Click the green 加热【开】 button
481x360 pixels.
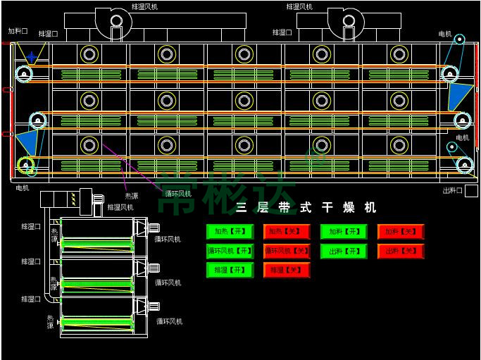click(x=230, y=231)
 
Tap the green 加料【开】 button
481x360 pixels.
click(x=344, y=231)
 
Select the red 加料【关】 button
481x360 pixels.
click(x=401, y=231)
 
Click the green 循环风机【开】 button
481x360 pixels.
click(x=230, y=251)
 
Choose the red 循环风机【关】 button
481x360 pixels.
click(x=287, y=251)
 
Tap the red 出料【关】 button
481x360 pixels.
click(x=401, y=251)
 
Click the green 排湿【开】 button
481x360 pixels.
click(x=230, y=270)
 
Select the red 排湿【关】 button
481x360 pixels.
click(x=287, y=270)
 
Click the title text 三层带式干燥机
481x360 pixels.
click(x=306, y=208)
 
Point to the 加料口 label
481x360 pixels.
click(x=18, y=31)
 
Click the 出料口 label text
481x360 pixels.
click(x=452, y=190)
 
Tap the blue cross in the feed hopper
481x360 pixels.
click(x=32, y=56)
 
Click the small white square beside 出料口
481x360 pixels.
click(x=472, y=190)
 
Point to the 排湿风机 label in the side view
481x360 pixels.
click(x=120, y=207)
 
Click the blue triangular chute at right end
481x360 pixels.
click(x=458, y=96)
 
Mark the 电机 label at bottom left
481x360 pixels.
click(x=23, y=188)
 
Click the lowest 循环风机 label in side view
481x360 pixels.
click(x=169, y=321)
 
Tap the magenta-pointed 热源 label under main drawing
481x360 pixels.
click(x=132, y=196)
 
